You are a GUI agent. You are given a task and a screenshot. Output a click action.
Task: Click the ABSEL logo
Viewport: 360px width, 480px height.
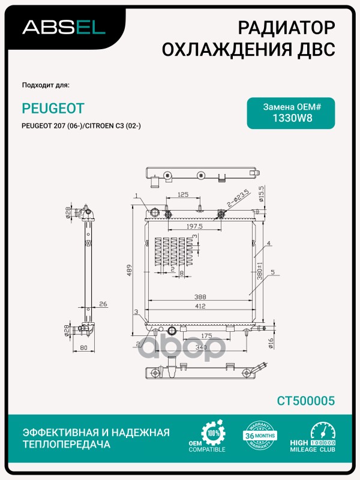(x=64, y=26)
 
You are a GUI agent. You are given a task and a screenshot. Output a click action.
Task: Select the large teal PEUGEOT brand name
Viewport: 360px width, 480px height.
(x=53, y=107)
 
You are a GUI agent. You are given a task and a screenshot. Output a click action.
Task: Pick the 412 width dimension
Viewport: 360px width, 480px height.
(x=200, y=306)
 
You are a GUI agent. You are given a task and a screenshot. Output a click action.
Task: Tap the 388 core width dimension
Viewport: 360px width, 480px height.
(x=200, y=296)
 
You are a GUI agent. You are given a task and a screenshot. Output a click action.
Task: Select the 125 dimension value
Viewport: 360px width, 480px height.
(x=183, y=194)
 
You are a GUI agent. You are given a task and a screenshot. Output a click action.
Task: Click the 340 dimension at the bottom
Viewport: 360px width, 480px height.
(x=202, y=347)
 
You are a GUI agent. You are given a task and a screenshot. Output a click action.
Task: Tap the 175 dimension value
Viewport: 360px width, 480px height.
(x=207, y=336)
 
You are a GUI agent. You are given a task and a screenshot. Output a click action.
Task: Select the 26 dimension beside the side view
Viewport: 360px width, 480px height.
(x=103, y=304)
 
